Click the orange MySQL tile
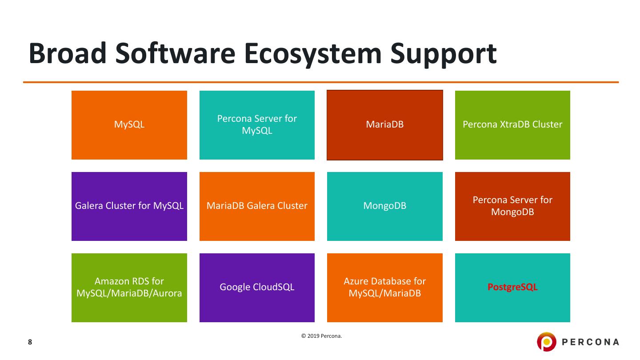129,125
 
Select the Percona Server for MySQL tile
257,125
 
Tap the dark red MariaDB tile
385,125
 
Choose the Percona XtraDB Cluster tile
512,125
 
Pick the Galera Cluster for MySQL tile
129,206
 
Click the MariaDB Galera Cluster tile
257,206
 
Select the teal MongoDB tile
385,206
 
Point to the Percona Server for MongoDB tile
512,206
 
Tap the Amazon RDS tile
129,288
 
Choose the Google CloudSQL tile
257,288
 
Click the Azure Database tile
385,288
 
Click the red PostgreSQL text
512,287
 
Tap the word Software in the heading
176,54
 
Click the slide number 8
30,342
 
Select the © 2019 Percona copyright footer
322,336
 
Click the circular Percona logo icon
547,342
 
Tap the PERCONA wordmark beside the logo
591,342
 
